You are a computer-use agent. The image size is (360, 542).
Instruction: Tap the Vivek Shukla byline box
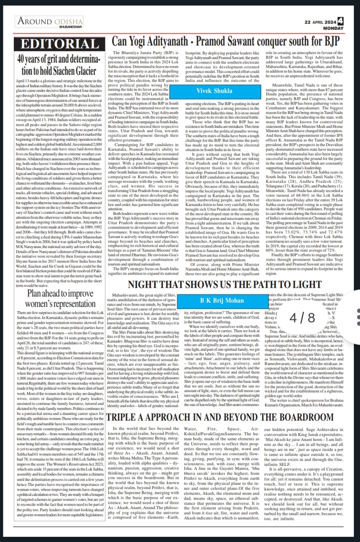(x=214, y=91)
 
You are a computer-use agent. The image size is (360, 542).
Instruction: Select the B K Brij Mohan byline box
(x=222, y=300)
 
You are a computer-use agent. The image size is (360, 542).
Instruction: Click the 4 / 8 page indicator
(x=302, y=317)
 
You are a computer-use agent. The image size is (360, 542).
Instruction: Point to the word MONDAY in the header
(x=333, y=28)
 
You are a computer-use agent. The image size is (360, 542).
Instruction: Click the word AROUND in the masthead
(x=35, y=21)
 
